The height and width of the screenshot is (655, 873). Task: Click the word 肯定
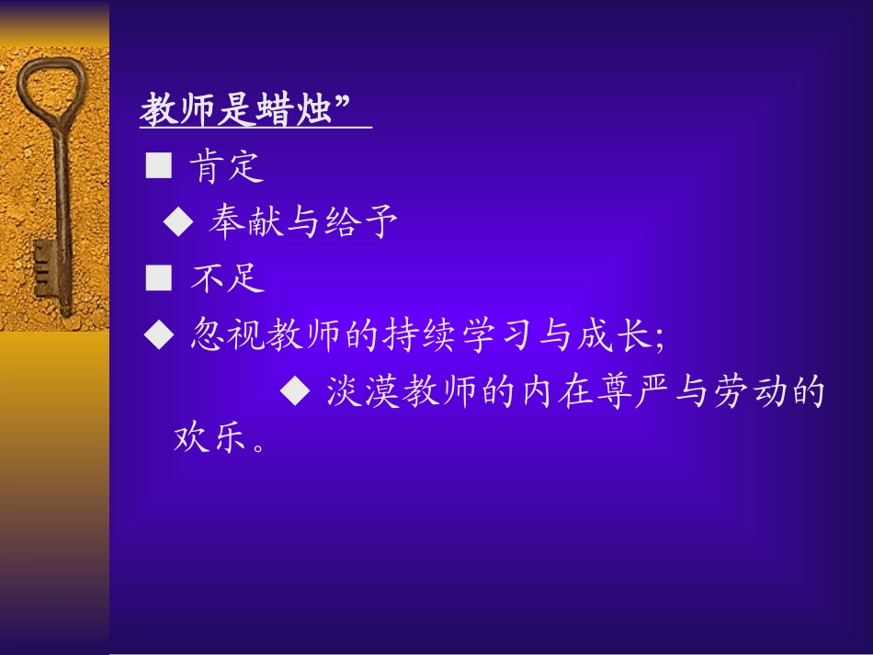point(227,167)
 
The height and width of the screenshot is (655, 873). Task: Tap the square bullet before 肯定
point(159,166)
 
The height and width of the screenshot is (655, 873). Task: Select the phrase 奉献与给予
point(302,221)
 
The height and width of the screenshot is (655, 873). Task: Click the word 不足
point(227,277)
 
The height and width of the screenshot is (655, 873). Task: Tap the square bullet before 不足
point(159,277)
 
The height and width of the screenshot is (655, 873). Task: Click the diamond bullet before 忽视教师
point(159,334)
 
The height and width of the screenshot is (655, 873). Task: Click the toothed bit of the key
point(44,266)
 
